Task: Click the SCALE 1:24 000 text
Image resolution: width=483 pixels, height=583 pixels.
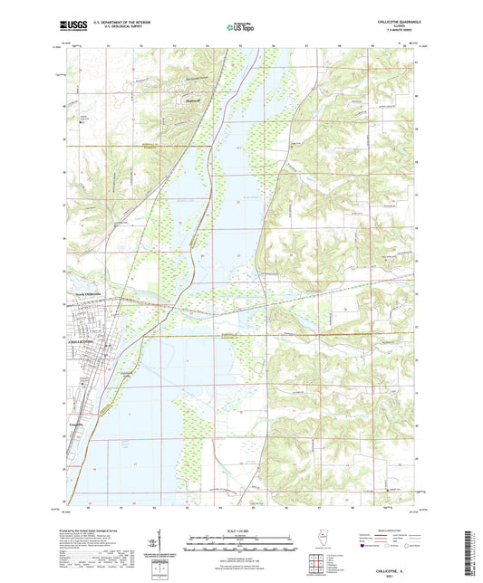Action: point(240,530)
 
